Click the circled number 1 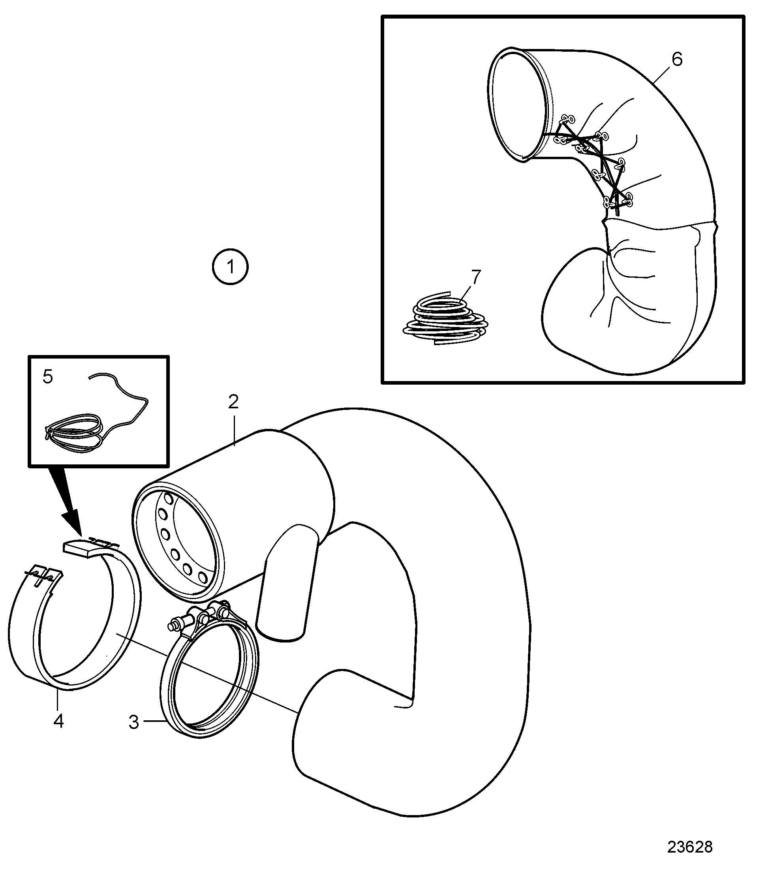(x=230, y=267)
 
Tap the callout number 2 (x=233, y=401)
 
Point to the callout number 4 (x=59, y=721)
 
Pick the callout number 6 (x=677, y=59)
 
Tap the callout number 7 (x=476, y=277)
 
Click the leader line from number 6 (x=662, y=74)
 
